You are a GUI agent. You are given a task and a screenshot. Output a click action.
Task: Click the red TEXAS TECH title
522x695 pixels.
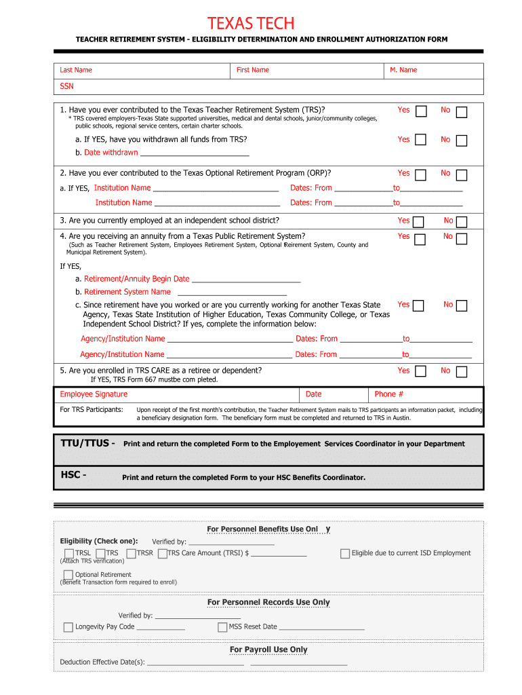click(251, 24)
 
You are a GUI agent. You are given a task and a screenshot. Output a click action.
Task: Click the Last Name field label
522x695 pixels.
click(76, 70)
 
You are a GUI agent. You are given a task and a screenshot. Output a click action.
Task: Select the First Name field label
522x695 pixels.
click(253, 70)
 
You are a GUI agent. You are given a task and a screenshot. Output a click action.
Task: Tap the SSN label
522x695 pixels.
click(66, 86)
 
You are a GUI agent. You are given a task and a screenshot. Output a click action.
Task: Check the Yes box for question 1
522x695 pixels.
click(420, 111)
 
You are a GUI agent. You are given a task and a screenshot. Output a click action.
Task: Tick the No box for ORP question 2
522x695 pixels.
click(462, 175)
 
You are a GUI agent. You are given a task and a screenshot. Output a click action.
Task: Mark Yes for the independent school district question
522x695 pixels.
click(418, 222)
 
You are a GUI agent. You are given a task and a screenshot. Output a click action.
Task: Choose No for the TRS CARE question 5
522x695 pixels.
click(462, 372)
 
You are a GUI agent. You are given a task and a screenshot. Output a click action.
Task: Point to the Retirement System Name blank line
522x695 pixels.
click(231, 293)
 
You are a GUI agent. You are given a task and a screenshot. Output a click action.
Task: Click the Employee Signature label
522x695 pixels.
click(94, 394)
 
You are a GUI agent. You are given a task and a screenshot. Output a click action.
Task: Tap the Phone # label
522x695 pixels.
click(389, 394)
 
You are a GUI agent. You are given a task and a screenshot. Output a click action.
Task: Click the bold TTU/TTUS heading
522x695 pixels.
click(87, 443)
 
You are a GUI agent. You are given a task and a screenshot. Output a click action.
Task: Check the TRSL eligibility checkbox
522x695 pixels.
click(68, 554)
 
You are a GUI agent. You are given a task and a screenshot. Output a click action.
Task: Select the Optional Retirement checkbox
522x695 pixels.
click(68, 575)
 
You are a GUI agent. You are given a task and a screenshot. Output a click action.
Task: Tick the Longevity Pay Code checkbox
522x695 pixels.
click(68, 627)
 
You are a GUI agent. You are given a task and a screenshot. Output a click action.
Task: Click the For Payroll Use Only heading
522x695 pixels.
click(268, 650)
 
